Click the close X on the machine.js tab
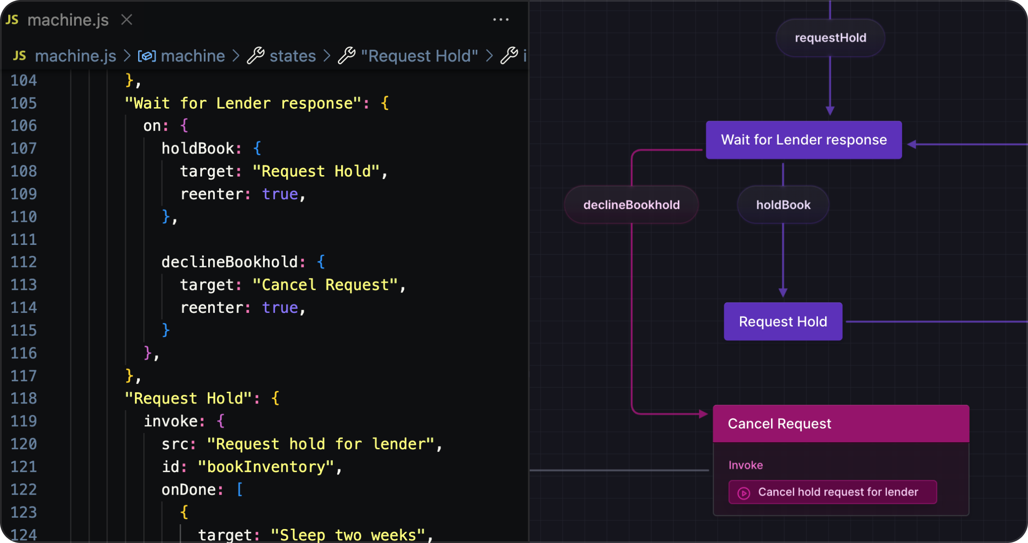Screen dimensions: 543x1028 pos(127,20)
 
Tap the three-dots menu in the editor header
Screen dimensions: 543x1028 pos(501,20)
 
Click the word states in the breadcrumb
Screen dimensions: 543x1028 pos(292,56)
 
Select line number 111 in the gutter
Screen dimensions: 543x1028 pos(24,239)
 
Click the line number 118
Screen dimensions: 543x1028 pos(24,398)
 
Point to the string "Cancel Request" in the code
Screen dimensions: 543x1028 pos(325,285)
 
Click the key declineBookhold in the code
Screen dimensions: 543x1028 pos(230,262)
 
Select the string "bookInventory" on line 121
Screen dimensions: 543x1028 pos(266,467)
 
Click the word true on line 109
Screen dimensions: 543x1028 pos(280,194)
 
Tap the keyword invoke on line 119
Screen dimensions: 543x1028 pos(171,421)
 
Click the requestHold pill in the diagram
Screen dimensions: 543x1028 pos(830,38)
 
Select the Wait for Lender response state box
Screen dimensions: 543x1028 pos(804,140)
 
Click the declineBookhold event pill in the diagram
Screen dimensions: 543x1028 pos(631,205)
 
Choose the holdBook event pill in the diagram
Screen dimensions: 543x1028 pos(783,205)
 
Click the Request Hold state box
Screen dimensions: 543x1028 pos(783,322)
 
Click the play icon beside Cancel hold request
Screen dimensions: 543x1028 pos(744,493)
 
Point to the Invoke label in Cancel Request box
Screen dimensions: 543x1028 pos(745,465)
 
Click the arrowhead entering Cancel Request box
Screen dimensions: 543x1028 pos(703,414)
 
